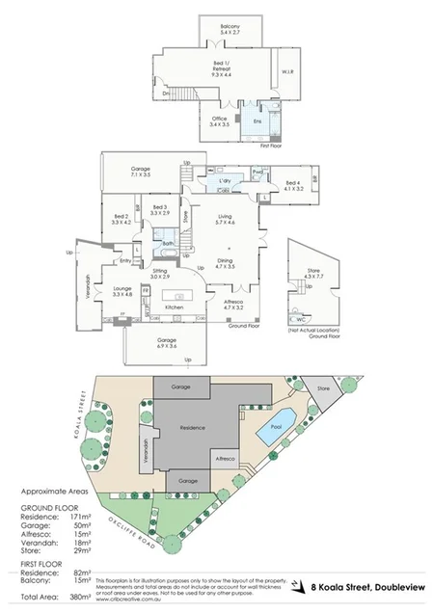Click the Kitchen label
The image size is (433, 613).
[174, 306]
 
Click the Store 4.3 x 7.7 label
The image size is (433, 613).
[316, 278]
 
